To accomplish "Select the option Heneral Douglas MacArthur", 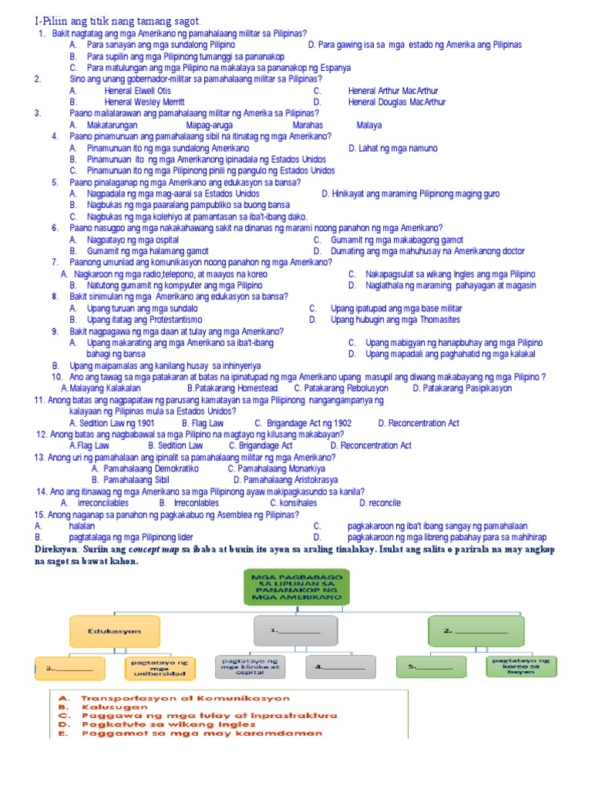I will [x=397, y=102].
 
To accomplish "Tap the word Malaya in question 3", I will [x=369, y=124].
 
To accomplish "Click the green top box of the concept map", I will [x=296, y=587].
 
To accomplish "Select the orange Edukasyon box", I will [x=113, y=631].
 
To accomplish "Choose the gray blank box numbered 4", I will [x=340, y=667].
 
